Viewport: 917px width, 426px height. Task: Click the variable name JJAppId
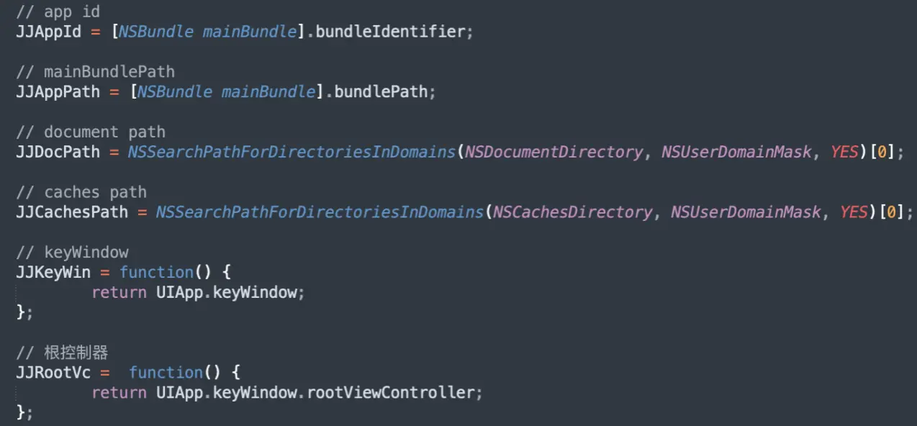[48, 32]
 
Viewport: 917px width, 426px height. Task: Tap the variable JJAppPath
[58, 92]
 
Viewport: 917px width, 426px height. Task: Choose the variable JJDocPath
[58, 152]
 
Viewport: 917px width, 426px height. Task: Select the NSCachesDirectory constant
[572, 212]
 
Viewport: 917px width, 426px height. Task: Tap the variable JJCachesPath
[72, 212]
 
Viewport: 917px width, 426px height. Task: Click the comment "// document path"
[91, 132]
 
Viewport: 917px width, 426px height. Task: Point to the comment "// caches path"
[81, 192]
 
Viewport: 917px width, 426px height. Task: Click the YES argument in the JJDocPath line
[844, 152]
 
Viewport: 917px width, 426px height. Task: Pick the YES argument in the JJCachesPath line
[854, 212]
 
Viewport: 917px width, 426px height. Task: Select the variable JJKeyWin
[53, 272]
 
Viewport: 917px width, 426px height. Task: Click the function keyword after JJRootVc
[166, 372]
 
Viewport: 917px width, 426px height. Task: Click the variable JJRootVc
[53, 372]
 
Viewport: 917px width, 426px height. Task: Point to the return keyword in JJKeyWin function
[119, 292]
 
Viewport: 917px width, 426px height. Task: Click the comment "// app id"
[58, 12]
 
